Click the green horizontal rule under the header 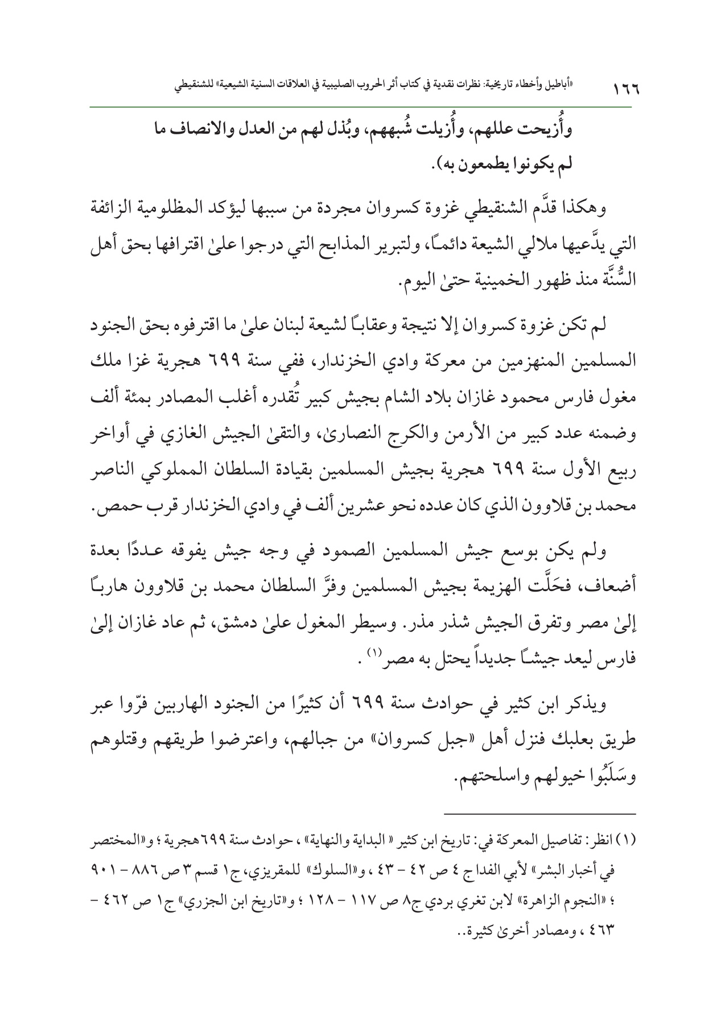click(x=362, y=106)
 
